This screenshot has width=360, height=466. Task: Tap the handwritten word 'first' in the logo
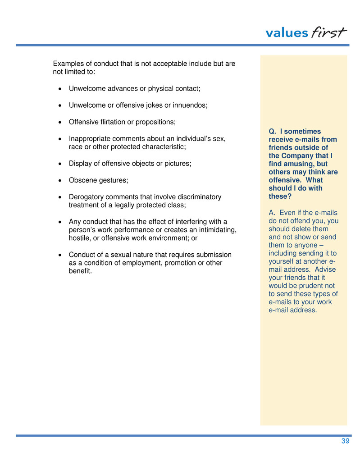coord(328,32)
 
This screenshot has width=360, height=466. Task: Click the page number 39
coord(345,441)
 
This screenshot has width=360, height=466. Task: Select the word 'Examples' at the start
coord(68,64)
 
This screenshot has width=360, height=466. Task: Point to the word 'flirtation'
coord(116,122)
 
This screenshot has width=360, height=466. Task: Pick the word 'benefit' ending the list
coord(79,271)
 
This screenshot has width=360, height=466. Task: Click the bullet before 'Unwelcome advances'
coord(60,89)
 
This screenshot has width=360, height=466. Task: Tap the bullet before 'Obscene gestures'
coord(60,181)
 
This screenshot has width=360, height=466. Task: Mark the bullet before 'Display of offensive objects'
coord(60,164)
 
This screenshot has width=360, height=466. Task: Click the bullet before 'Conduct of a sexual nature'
coord(60,255)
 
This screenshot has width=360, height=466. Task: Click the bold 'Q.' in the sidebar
coord(272,131)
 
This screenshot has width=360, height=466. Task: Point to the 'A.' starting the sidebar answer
coord(272,213)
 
